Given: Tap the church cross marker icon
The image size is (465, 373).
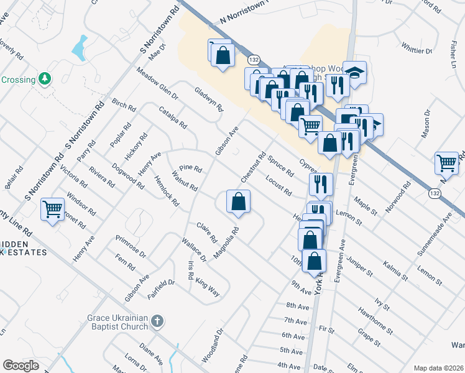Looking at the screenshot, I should [157, 321].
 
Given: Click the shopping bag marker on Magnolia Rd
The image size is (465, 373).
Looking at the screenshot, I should [238, 201].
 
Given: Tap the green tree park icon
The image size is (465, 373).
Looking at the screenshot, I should [44, 79].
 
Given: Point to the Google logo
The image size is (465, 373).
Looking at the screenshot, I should [21, 366].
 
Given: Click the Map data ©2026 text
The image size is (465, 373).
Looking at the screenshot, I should [438, 367].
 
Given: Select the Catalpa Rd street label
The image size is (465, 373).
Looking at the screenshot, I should [173, 117].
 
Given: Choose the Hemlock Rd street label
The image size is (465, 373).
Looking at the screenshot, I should [167, 193].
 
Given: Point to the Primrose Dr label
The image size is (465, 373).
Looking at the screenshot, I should [131, 246].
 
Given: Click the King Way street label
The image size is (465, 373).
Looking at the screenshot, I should [208, 288].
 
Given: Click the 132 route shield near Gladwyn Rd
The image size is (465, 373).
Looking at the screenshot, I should [253, 60].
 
